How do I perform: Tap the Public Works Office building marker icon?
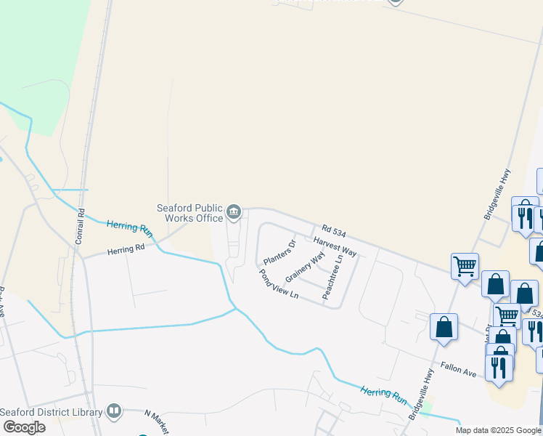233,212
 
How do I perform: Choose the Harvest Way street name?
335,246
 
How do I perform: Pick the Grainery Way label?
305,267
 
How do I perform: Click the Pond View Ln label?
279,283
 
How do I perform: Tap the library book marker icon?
113,411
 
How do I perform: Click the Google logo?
24,427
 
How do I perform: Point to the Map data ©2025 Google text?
498,430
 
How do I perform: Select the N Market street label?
156,421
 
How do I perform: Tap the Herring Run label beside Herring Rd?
130,227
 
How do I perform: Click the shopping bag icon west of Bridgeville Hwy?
444,326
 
